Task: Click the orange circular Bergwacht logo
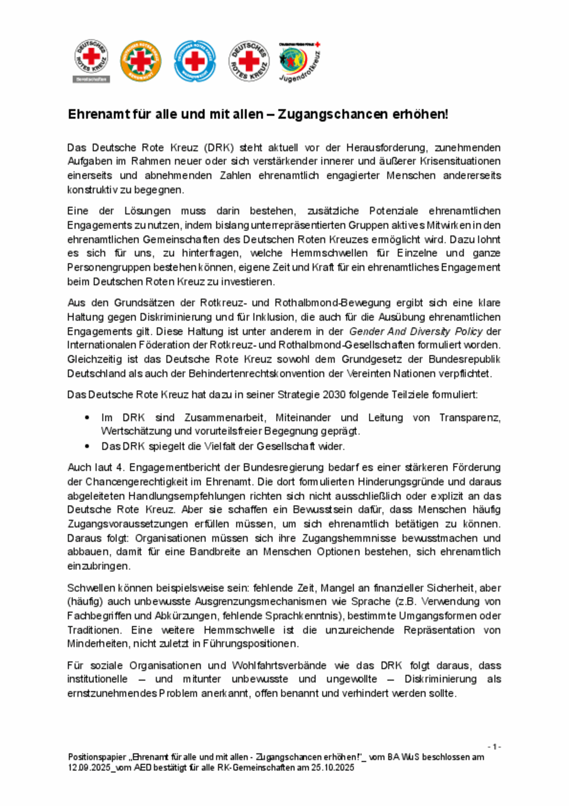click(141, 61)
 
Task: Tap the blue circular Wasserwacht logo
click(195, 61)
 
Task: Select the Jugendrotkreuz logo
click(299, 62)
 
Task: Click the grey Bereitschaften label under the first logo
click(91, 79)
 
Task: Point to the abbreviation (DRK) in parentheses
click(219, 147)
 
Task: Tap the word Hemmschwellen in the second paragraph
click(329, 253)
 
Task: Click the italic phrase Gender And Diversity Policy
click(416, 332)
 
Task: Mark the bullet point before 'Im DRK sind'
click(87, 418)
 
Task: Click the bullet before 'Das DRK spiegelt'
click(87, 446)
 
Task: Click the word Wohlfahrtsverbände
click(279, 666)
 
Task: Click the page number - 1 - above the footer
click(494, 747)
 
